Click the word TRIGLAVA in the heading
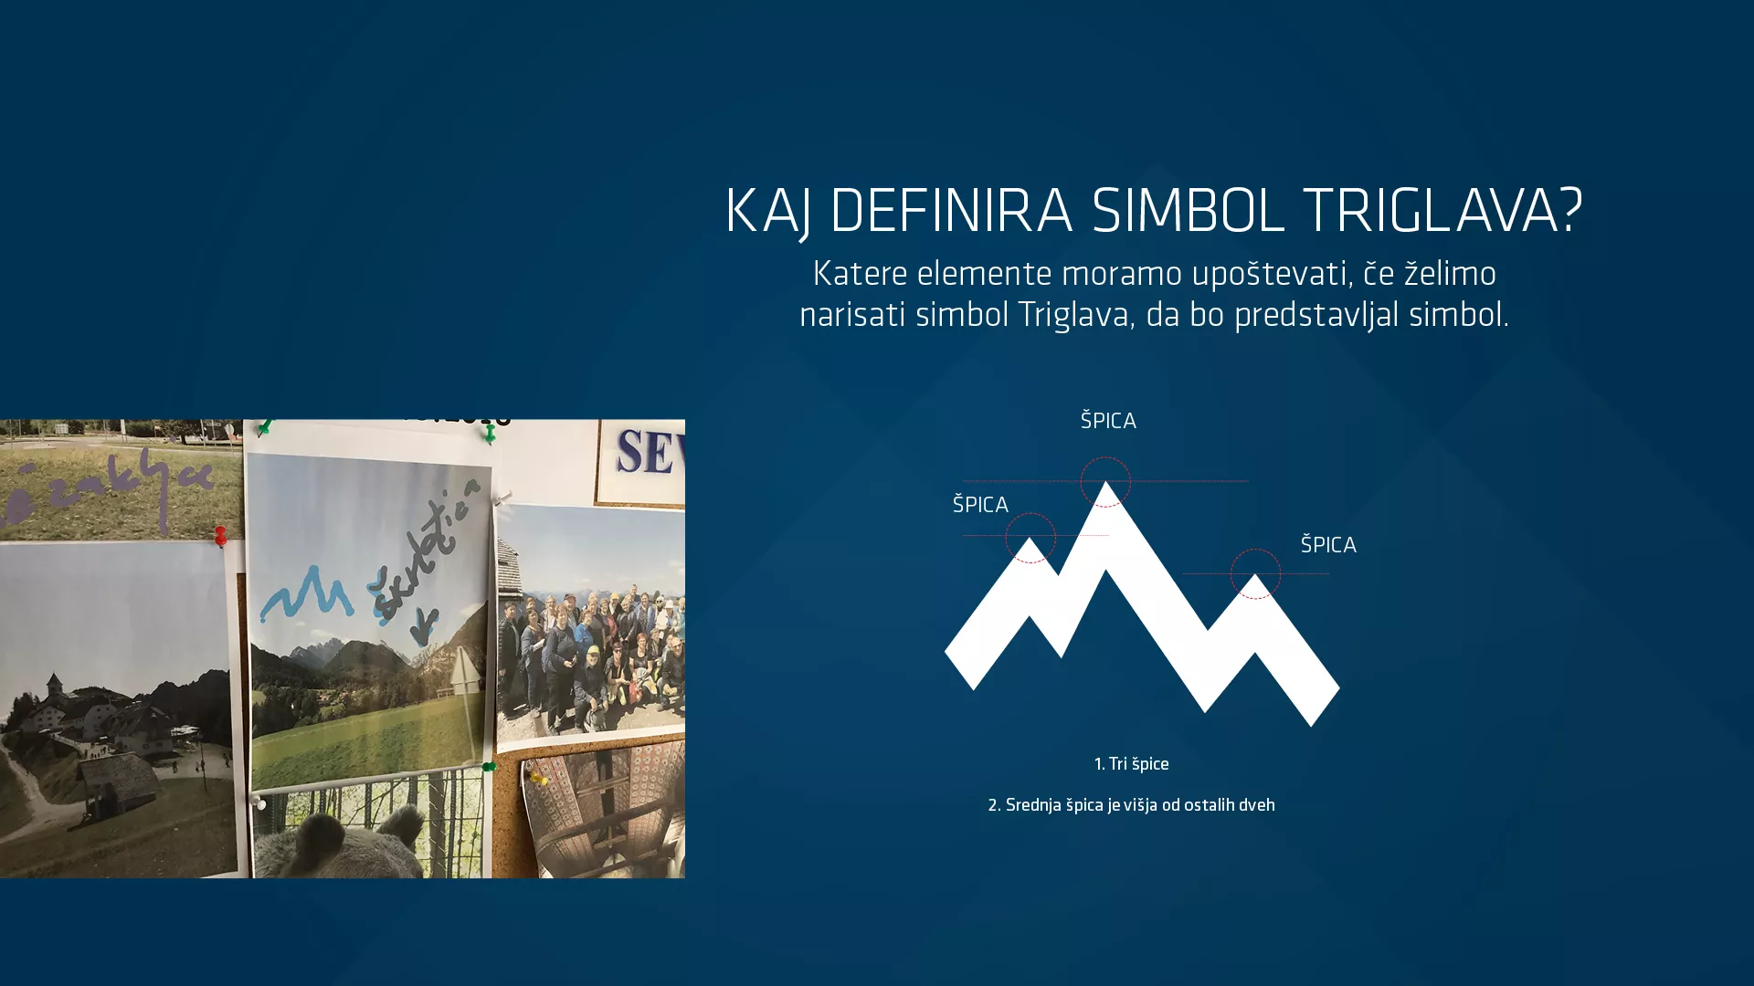(x=1442, y=211)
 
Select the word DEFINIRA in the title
(x=950, y=211)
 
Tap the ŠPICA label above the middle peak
(x=1108, y=421)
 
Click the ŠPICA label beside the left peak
(x=980, y=505)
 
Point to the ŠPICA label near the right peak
(x=1328, y=545)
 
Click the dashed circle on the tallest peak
(x=1105, y=481)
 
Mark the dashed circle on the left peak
(x=1030, y=538)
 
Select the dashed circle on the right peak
(x=1255, y=574)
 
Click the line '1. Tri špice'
(x=1131, y=764)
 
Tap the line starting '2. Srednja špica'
(x=1131, y=805)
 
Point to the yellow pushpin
(x=539, y=778)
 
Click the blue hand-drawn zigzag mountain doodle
(x=306, y=594)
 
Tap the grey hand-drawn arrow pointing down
(x=424, y=626)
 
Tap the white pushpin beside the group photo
(x=502, y=498)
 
